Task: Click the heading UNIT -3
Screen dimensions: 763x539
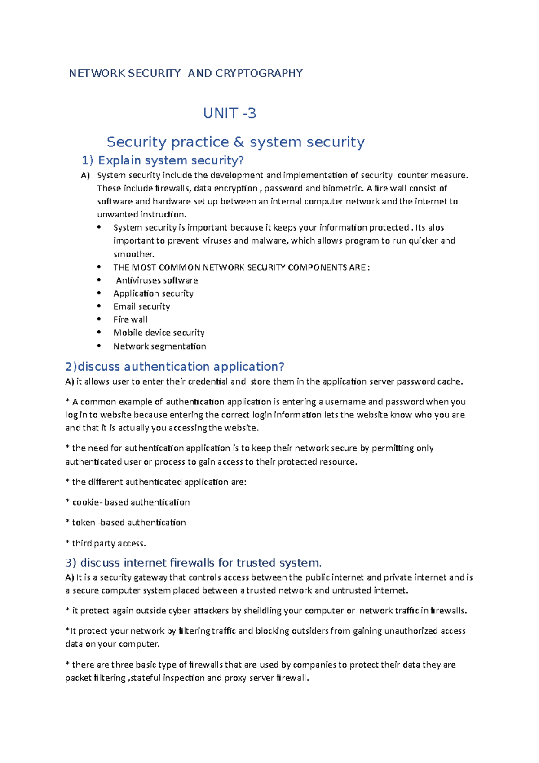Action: click(x=230, y=113)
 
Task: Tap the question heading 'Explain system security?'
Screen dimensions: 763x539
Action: click(x=171, y=160)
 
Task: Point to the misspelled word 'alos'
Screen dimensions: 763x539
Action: click(x=436, y=227)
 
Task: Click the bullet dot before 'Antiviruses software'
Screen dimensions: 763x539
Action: click(x=99, y=280)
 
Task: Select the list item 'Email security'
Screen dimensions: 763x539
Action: click(x=141, y=306)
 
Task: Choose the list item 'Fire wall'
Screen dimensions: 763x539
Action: click(x=130, y=319)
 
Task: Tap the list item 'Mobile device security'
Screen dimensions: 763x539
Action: click(x=159, y=333)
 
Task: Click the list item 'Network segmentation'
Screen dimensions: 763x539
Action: click(x=159, y=346)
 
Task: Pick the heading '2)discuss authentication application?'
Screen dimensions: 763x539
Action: click(x=175, y=367)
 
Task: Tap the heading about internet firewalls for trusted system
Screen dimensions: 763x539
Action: click(x=194, y=563)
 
